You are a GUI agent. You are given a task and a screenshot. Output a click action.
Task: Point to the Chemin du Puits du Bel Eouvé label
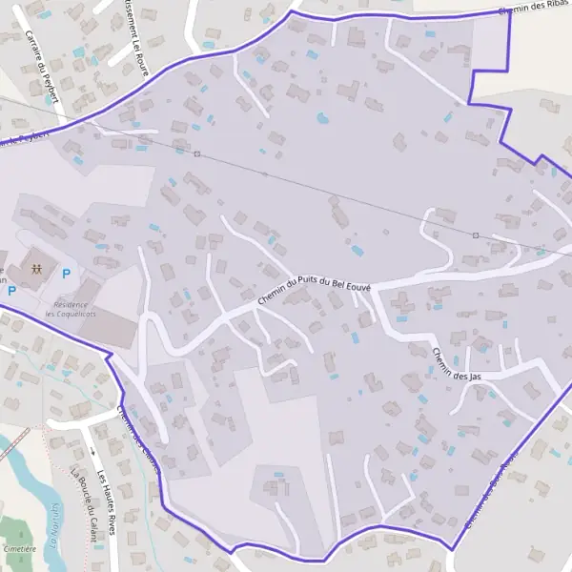(314, 289)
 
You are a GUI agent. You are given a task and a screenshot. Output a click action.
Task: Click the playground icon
(36, 269)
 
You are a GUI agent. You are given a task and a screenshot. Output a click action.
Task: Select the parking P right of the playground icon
(66, 274)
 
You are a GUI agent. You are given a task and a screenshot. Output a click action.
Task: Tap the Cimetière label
(19, 549)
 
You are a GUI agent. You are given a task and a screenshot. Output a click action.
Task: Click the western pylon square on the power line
(197, 153)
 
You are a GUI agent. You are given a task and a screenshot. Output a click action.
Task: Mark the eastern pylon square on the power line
(475, 235)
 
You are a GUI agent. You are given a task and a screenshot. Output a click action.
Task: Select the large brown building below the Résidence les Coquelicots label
(110, 329)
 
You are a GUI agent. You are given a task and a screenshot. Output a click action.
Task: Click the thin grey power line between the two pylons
(334, 194)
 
